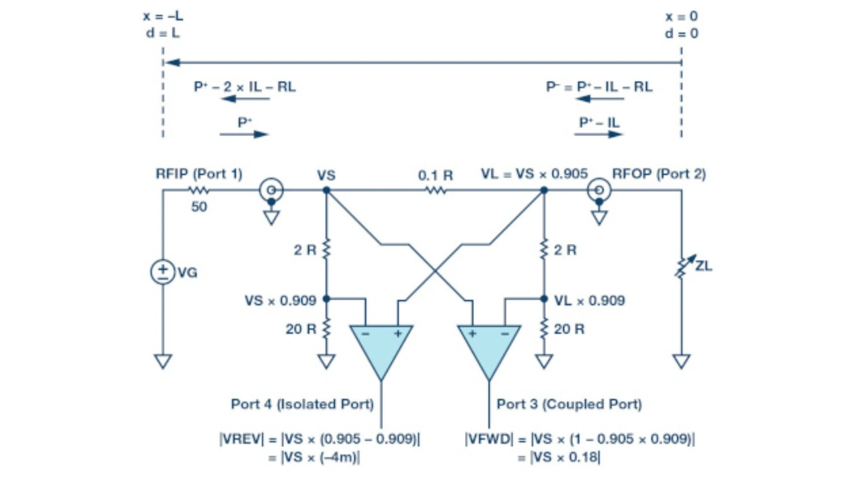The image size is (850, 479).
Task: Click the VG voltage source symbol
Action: pos(163,272)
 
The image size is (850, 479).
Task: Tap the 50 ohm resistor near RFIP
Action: pos(199,190)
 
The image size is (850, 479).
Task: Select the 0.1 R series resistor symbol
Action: pos(436,190)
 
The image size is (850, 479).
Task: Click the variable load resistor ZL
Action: pos(685,266)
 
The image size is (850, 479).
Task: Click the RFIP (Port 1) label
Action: pos(199,174)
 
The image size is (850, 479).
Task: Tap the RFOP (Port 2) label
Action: pos(659,174)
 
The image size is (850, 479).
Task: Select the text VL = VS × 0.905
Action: pos(535,174)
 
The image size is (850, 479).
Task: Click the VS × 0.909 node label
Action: pos(280,300)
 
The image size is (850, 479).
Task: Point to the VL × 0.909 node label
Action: pos(590,300)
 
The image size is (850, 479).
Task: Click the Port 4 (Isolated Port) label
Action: pos(302,404)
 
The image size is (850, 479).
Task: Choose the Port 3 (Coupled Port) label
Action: pos(569,404)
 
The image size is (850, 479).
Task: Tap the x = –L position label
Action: pos(163,16)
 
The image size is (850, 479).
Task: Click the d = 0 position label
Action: pos(681,33)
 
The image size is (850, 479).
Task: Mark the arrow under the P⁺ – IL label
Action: pos(598,134)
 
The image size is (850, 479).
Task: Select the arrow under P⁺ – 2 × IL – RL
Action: pos(245,99)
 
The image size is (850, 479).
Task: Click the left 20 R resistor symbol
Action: pos(326,328)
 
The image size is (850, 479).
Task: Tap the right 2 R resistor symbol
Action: pos(544,249)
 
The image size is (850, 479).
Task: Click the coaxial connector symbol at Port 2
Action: pos(599,190)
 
